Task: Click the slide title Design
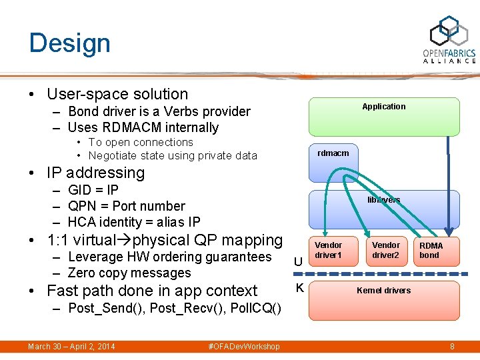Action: click(x=69, y=43)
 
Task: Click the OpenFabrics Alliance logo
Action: click(x=449, y=39)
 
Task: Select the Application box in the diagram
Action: click(x=383, y=116)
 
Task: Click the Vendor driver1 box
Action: click(x=328, y=251)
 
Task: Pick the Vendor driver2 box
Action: click(x=385, y=251)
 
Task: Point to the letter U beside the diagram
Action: click(x=299, y=263)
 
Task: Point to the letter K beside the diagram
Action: click(x=299, y=288)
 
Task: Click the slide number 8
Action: click(x=452, y=347)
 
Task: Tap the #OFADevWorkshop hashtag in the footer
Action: click(x=244, y=347)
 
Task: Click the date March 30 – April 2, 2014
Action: click(x=71, y=347)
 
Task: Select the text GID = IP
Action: click(x=93, y=190)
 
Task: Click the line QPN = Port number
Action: click(x=126, y=206)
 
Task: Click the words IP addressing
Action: click(x=95, y=173)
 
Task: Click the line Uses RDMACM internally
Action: click(x=143, y=127)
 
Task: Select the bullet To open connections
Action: click(x=141, y=142)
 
